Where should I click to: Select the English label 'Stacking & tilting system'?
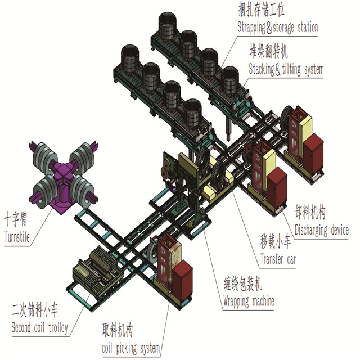(286, 69)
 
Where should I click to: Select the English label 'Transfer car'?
(278, 260)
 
